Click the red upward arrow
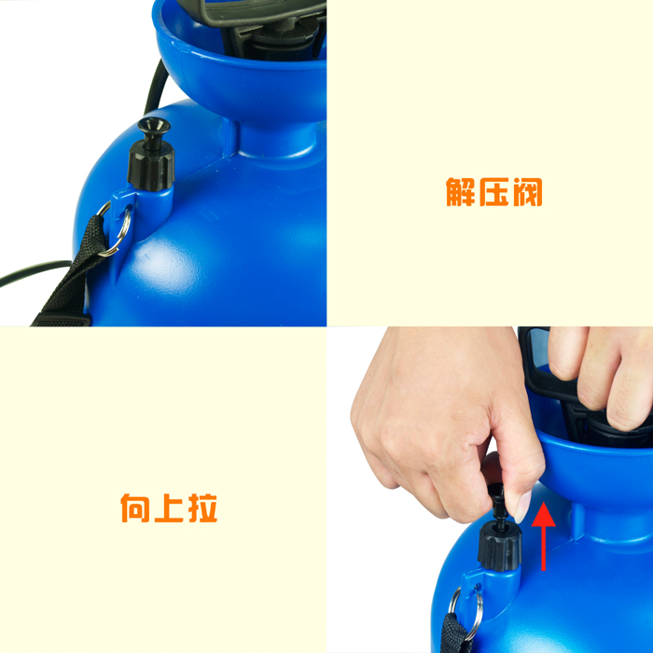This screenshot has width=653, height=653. tap(544, 536)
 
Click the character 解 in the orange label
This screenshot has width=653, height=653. tap(460, 192)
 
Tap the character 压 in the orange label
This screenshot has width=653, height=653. tap(493, 192)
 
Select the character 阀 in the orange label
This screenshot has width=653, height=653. tap(528, 192)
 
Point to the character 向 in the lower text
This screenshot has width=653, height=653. tap(135, 507)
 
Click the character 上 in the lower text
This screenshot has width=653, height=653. tap(169, 507)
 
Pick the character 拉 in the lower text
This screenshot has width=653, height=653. tap(202, 507)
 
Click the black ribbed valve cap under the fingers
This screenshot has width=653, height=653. tap(499, 547)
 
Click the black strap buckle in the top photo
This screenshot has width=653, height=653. tap(63, 319)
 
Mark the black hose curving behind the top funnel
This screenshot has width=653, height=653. tap(155, 88)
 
